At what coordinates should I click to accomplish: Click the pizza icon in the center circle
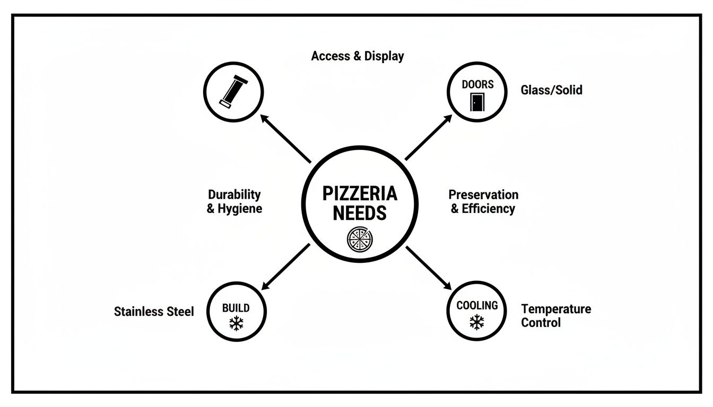coord(360,239)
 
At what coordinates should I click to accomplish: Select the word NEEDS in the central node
coord(360,213)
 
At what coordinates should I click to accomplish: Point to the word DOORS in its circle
coord(477,84)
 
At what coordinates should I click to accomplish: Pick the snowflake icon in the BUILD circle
coord(236,324)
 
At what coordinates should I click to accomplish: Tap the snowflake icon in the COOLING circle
coord(477,322)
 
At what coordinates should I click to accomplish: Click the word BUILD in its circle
coord(236,308)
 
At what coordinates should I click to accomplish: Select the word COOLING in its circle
coord(477,306)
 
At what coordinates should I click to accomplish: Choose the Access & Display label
coord(358,56)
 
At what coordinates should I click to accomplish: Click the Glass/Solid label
coord(551,90)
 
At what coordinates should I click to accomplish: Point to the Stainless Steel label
coord(154,312)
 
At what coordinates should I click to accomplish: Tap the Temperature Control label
coord(555,315)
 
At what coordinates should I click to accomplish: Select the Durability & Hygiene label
coord(234,201)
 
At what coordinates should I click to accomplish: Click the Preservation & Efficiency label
coord(483,201)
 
